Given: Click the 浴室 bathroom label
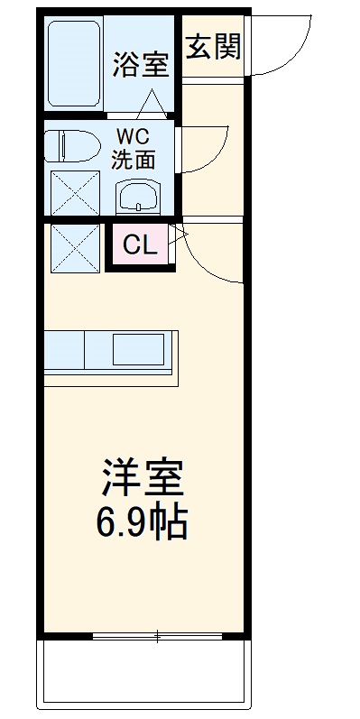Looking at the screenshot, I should click(x=141, y=65).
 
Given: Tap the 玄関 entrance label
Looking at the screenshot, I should click(x=214, y=47).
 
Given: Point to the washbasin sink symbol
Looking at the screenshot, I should click(x=137, y=193).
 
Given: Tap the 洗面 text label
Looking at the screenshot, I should click(x=133, y=160).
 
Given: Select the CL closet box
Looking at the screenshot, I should click(x=140, y=244).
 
